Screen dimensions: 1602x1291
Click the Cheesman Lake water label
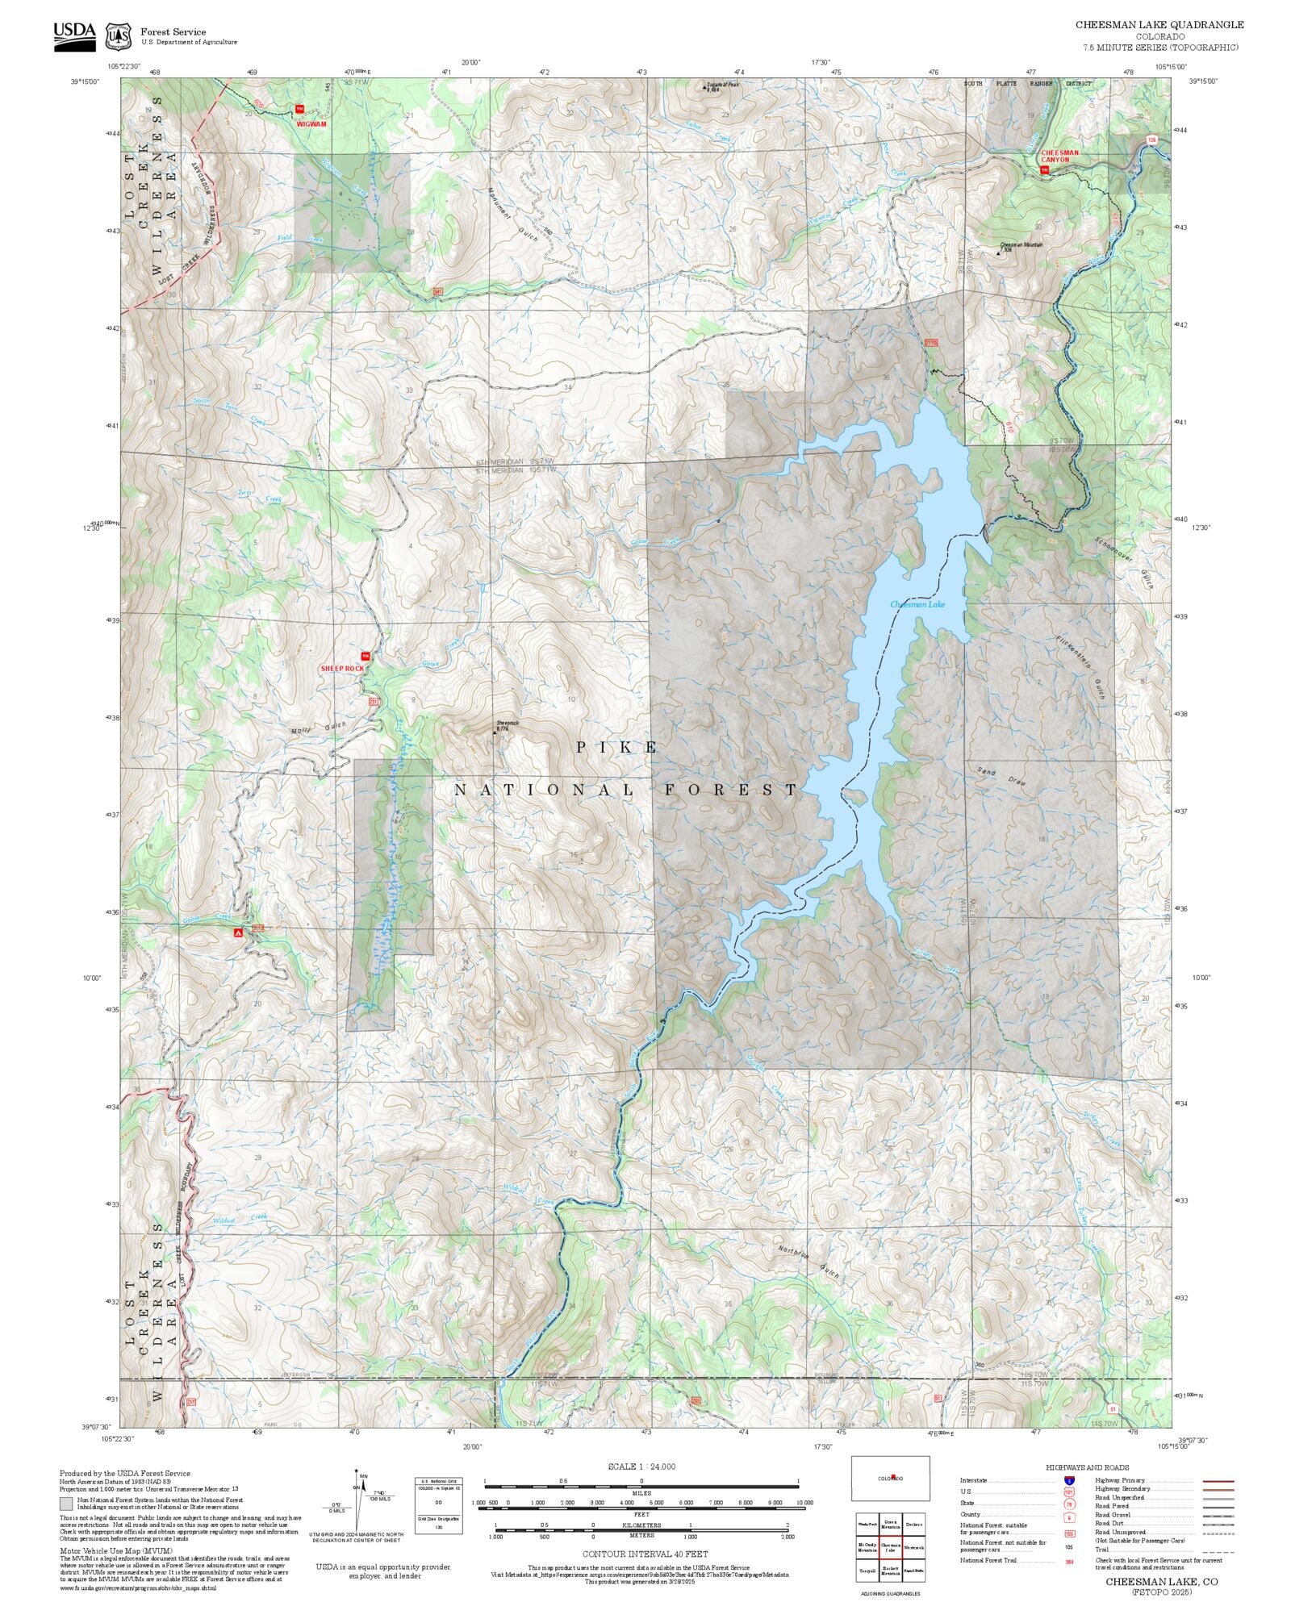[917, 604]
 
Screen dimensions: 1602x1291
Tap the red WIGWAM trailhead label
[311, 124]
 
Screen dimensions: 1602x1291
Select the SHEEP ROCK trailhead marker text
[342, 669]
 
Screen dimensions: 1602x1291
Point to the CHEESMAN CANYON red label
[1059, 156]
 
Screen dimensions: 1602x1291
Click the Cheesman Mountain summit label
[1022, 245]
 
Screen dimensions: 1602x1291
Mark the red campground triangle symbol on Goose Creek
[238, 932]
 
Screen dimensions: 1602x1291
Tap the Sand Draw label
[998, 775]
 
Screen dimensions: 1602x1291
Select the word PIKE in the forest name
[617, 748]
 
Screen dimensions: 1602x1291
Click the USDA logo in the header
[74, 35]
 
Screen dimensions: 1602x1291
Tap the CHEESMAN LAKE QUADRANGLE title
[1159, 25]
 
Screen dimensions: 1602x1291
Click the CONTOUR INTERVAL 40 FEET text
[645, 1554]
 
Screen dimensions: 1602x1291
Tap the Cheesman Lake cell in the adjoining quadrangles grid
[890, 1546]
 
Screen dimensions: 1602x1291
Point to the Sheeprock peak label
[507, 725]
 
